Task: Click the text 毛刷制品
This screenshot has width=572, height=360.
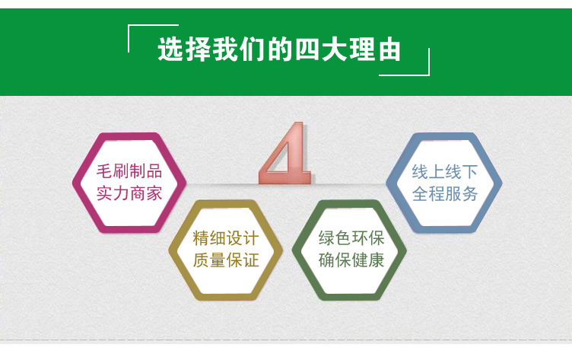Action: [x=129, y=170]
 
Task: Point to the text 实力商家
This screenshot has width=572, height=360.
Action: [x=129, y=193]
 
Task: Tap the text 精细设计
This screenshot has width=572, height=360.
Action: [x=226, y=237]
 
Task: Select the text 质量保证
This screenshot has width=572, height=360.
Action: [x=226, y=260]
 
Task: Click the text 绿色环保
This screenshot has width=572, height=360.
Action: [x=351, y=237]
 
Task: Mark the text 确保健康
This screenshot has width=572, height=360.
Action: [x=351, y=260]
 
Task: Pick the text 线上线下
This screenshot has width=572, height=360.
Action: [x=445, y=170]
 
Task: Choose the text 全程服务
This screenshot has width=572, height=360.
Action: [x=445, y=193]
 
